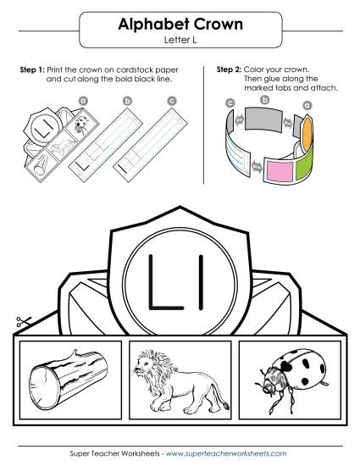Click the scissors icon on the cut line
coord(22,322)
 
